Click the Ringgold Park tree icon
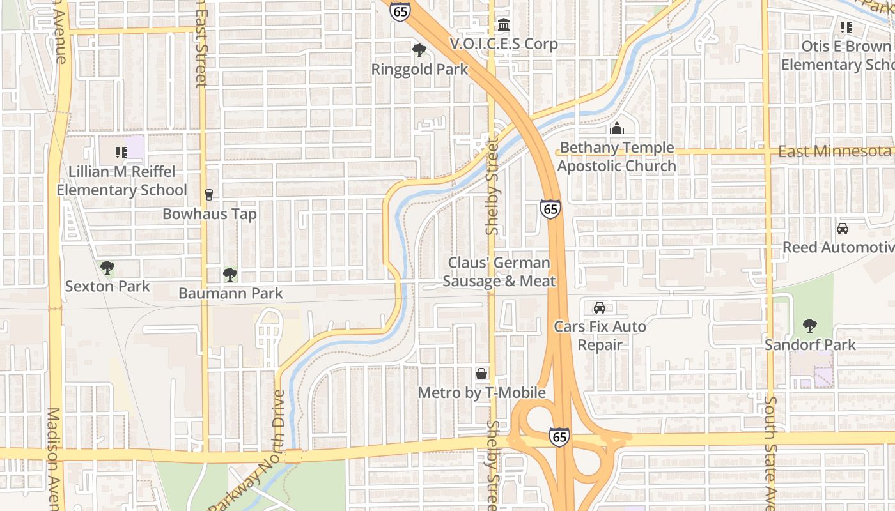(419, 50)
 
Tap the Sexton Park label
(107, 286)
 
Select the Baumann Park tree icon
(230, 275)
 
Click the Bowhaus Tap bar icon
(208, 195)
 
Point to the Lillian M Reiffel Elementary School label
(121, 181)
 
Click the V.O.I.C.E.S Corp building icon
(504, 25)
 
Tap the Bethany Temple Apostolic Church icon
(616, 128)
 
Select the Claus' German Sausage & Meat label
(499, 271)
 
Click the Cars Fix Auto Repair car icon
(600, 308)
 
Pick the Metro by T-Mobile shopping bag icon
(481, 374)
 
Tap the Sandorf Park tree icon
(810, 326)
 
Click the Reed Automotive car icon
(843, 229)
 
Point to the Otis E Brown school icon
(846, 27)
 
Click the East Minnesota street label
(834, 151)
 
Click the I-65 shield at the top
(400, 11)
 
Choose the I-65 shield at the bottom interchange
(559, 437)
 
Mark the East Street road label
(201, 45)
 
